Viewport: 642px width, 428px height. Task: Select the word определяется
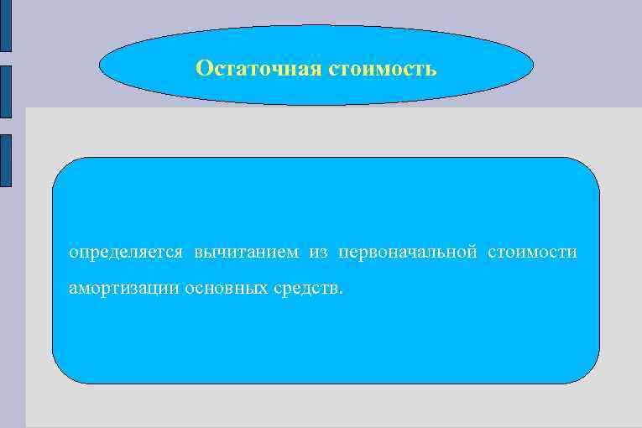tap(125, 252)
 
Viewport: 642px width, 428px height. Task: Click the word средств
tap(305, 289)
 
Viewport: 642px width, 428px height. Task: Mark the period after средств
tap(341, 293)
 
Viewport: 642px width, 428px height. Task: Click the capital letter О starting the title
tap(202, 68)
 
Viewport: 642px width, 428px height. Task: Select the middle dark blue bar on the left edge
tap(6, 93)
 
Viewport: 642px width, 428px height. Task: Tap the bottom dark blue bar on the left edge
tap(6, 159)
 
